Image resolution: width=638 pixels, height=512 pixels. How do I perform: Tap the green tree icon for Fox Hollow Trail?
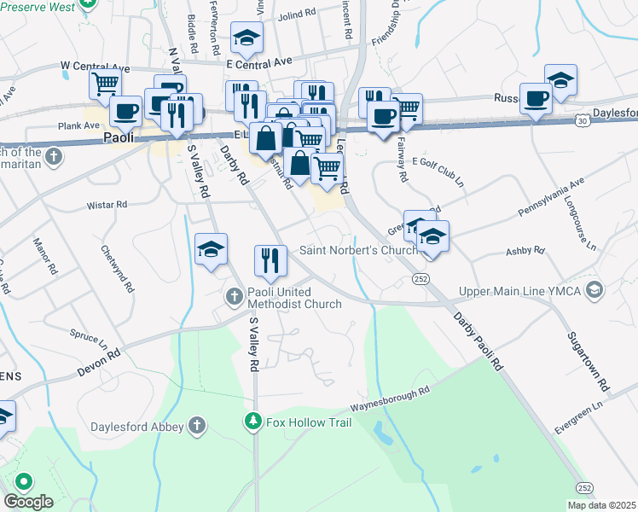coord(253,422)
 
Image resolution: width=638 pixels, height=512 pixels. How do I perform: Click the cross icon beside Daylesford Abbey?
coord(197,425)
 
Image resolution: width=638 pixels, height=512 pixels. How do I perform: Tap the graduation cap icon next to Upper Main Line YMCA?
coord(595,291)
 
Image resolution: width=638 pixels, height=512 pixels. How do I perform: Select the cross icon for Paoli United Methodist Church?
coord(235,297)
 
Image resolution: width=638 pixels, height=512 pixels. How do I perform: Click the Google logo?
coord(28,502)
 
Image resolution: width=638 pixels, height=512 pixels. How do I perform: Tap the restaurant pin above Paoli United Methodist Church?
coord(270,261)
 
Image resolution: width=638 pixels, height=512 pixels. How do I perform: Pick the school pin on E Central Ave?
coord(246,38)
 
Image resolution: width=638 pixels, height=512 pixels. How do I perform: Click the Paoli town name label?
coord(119,137)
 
